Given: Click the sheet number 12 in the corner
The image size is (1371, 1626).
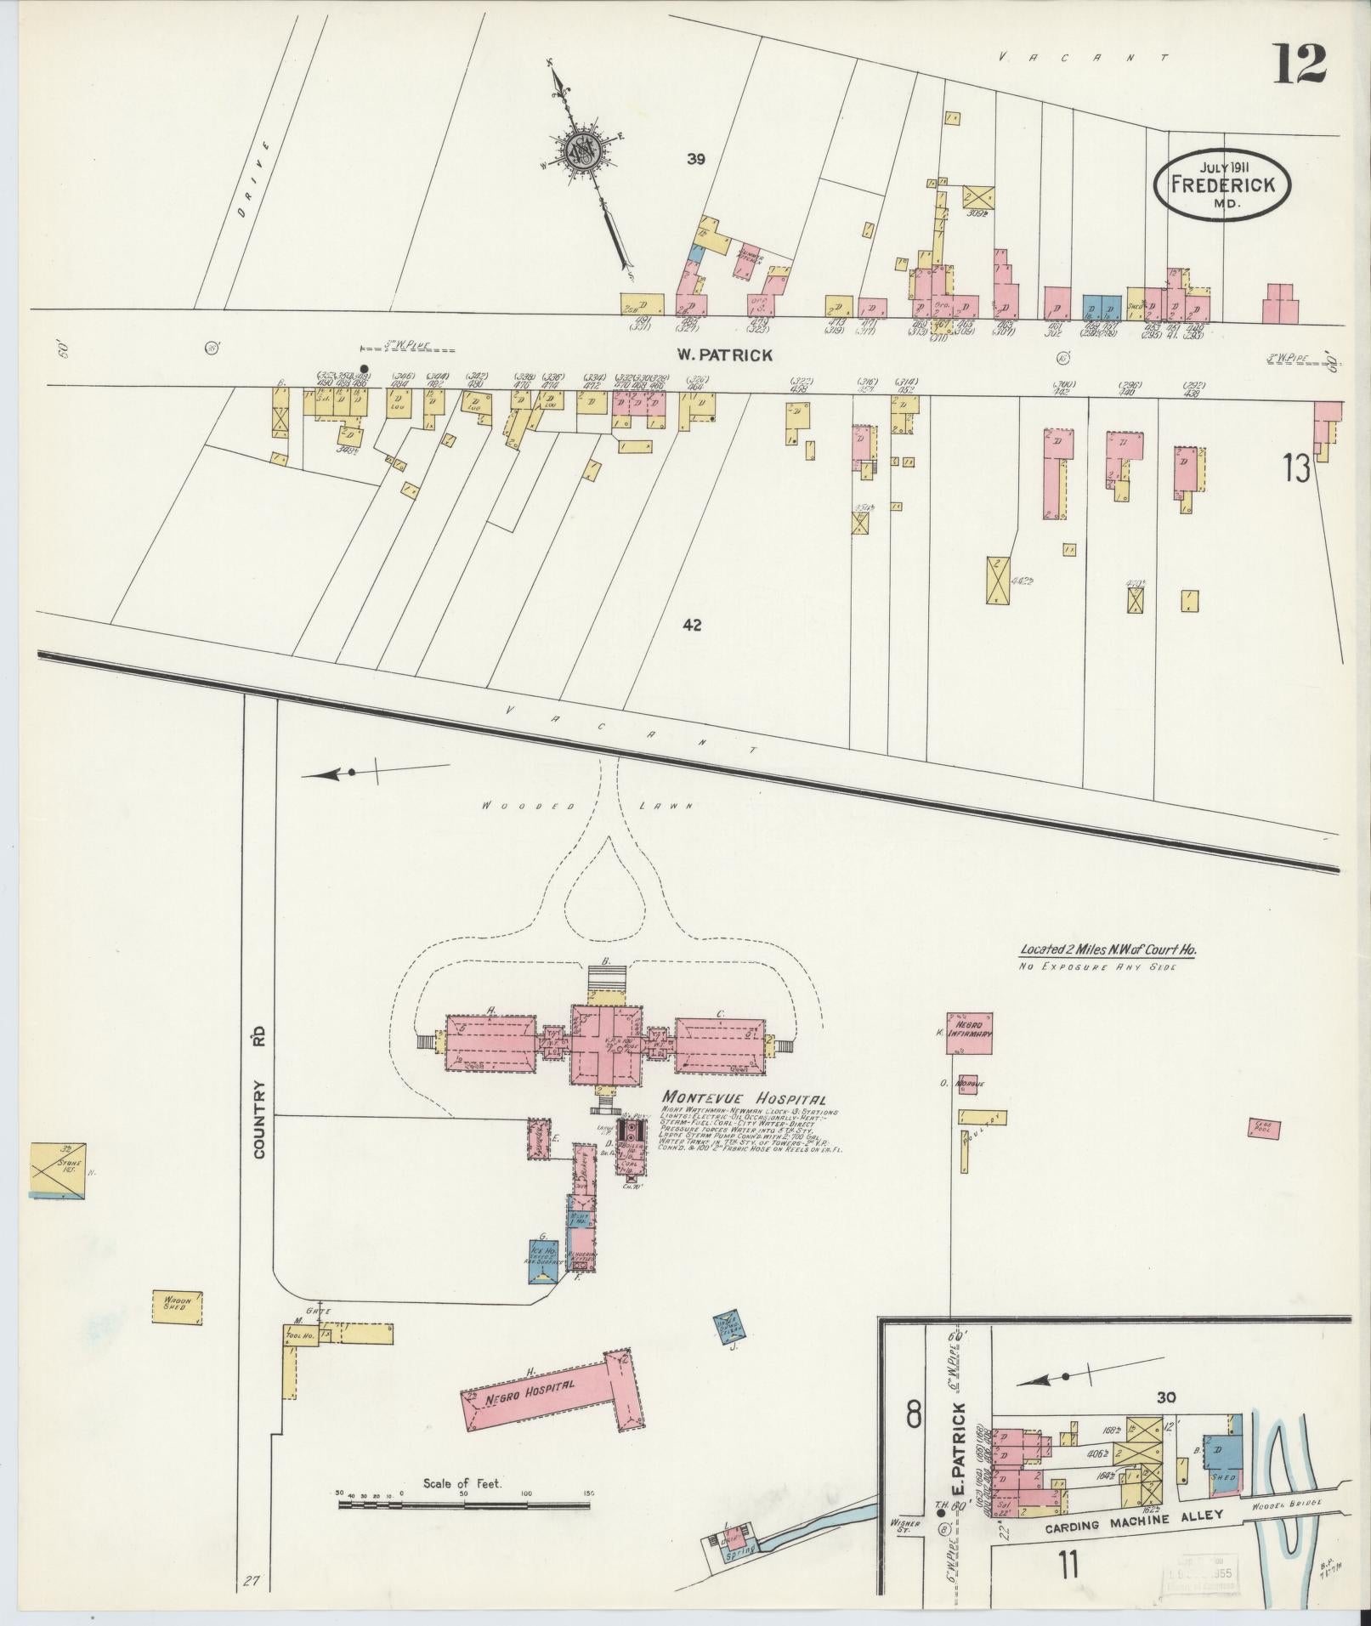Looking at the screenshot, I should tap(1298, 64).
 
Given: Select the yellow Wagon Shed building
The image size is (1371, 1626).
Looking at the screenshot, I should tap(178, 1331).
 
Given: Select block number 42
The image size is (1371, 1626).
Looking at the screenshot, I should tap(692, 625).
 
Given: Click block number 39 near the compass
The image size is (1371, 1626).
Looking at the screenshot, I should tap(697, 158).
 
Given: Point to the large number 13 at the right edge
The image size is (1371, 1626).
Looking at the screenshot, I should tap(1296, 468).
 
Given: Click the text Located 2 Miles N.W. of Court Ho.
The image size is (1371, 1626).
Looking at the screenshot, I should tap(1108, 951).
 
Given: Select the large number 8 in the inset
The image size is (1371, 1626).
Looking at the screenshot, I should tap(914, 1415).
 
